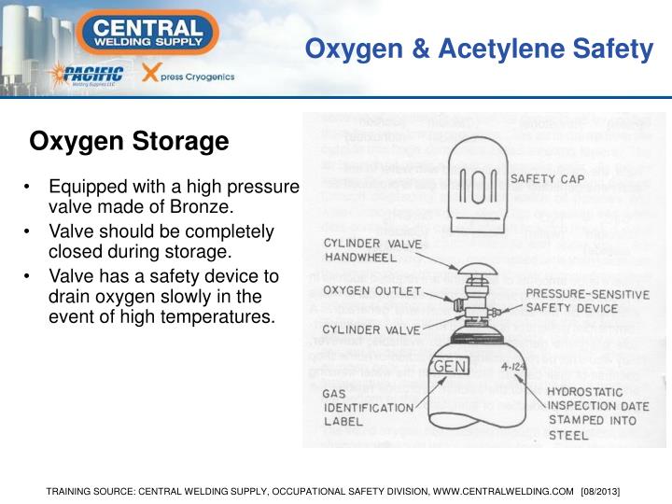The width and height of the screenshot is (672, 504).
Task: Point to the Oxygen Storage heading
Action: click(129, 142)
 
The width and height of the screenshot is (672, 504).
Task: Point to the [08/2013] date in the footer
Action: click(600, 490)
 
